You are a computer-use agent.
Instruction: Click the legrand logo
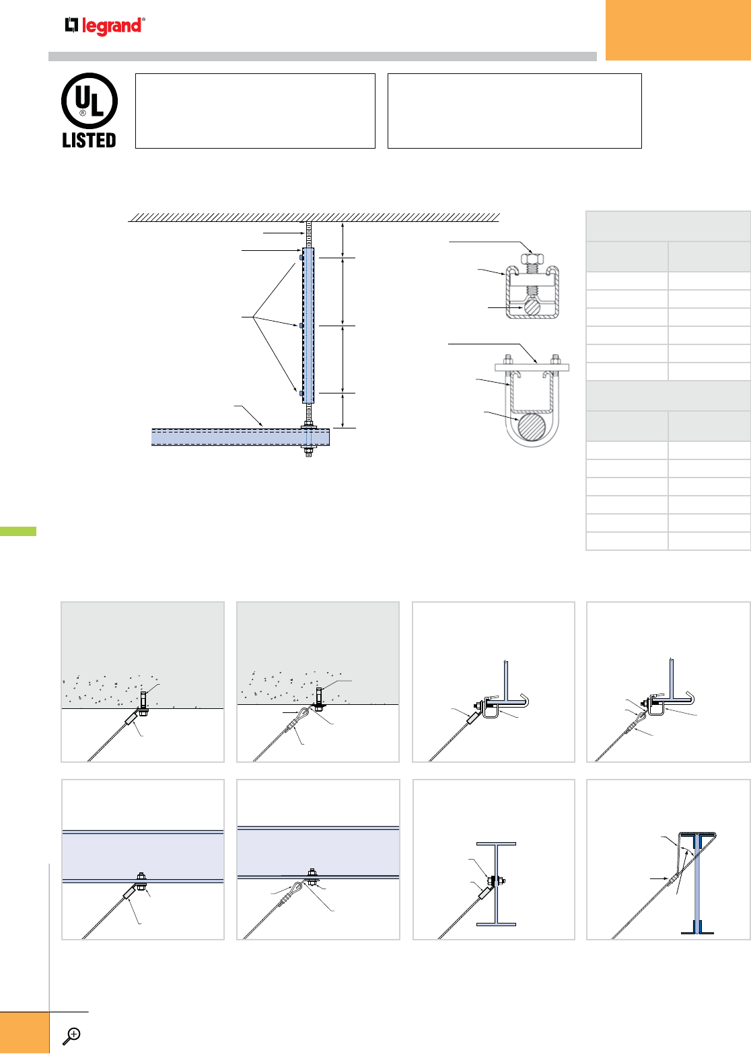105,26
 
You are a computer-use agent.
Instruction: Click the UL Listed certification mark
90,111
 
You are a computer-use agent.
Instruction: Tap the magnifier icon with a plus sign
71,1035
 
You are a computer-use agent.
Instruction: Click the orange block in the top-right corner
678,30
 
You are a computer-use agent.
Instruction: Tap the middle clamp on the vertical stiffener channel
301,326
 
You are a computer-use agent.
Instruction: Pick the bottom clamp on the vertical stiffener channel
301,392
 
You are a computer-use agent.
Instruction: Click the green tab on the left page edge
17,531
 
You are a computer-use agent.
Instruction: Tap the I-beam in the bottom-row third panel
497,884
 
